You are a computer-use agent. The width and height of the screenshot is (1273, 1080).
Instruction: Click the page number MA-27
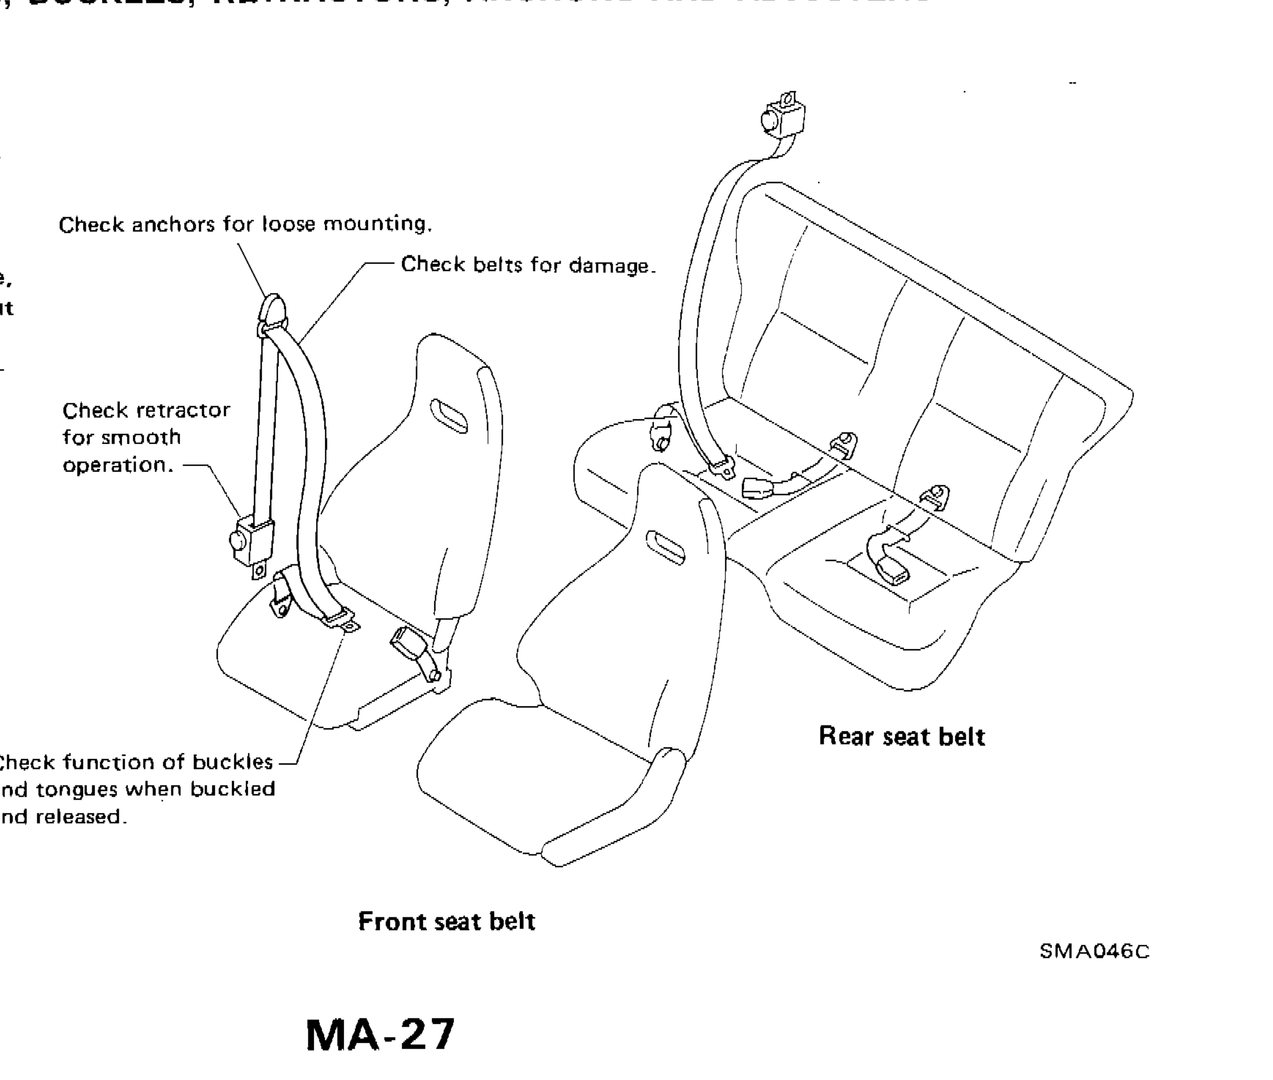click(380, 1035)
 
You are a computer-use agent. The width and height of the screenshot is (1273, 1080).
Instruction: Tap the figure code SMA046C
click(1094, 951)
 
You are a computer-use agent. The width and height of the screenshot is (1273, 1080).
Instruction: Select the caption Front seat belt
click(446, 921)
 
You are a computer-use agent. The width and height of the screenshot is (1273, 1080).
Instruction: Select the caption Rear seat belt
click(901, 736)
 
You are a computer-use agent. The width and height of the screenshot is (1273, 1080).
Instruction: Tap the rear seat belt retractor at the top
click(783, 117)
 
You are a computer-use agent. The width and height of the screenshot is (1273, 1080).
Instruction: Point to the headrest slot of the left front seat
click(449, 416)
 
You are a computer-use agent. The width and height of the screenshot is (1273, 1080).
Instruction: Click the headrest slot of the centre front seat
click(666, 547)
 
